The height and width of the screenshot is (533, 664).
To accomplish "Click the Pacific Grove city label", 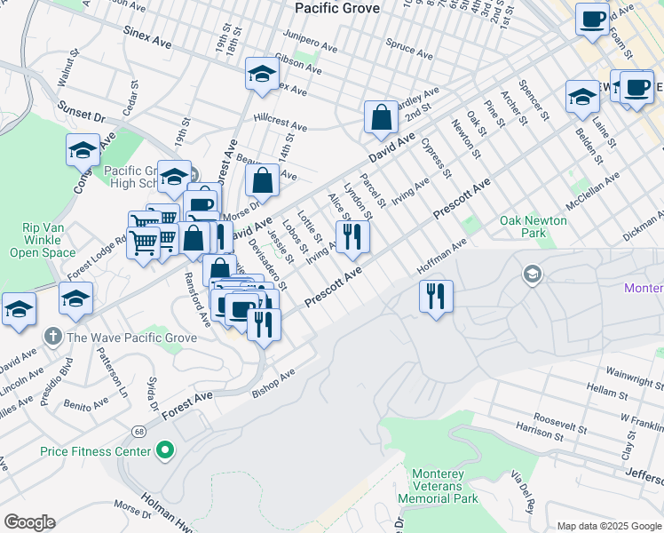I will (x=336, y=8).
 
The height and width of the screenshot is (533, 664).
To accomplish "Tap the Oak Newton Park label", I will (x=534, y=227).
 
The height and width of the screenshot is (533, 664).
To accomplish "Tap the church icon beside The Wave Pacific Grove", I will (x=52, y=337).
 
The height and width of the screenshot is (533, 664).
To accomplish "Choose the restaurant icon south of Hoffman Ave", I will (x=435, y=295).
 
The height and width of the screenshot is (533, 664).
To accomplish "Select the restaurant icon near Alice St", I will (x=352, y=235).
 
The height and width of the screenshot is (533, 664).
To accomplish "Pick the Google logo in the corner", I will (x=29, y=522).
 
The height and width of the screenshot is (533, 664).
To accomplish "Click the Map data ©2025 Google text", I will (x=608, y=526).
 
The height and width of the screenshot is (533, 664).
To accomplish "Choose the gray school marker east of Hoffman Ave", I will (x=532, y=272).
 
